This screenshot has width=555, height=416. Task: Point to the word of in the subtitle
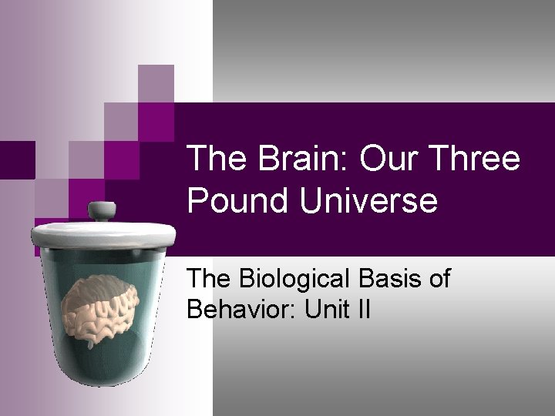click(x=439, y=280)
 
